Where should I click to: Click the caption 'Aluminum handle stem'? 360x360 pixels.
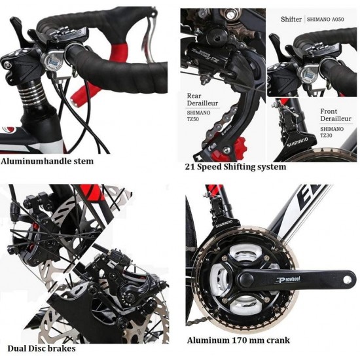coord(47,161)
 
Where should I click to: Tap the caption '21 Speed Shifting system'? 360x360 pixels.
coord(236,167)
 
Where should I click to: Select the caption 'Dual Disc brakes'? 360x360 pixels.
coord(41,348)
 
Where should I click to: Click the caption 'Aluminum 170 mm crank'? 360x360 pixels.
coord(238,340)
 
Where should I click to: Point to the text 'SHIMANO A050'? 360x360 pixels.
coord(325,19)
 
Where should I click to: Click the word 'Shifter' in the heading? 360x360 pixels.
coord(291,19)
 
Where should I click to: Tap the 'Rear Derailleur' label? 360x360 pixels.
coord(202,99)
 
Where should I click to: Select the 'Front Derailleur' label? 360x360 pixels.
coord(336,115)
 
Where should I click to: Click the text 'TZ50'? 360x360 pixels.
coord(193,119)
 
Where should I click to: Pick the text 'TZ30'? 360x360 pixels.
coord(326,135)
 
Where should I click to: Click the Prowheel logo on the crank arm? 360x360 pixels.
coord(288,279)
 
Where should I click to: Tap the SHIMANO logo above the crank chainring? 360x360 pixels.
coord(224,224)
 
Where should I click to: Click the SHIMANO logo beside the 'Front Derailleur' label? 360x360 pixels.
coord(298,142)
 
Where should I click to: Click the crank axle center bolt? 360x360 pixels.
coord(246,278)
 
